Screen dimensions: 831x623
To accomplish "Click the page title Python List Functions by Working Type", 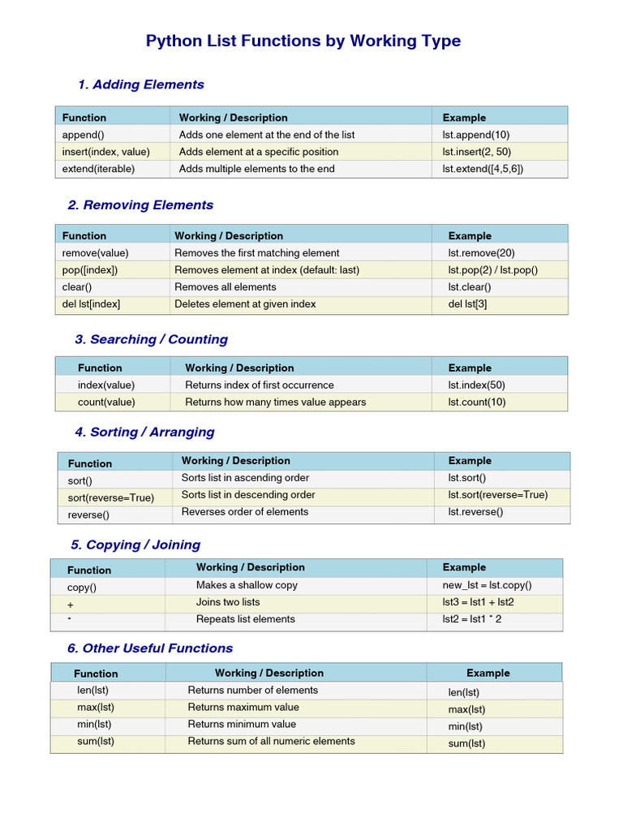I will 303,41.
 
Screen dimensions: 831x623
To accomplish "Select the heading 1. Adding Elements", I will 140,84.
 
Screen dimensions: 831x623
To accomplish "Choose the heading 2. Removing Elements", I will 140,205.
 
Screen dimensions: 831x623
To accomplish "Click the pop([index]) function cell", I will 90,269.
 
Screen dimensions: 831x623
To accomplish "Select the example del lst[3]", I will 467,304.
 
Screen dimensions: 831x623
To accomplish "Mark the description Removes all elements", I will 225,286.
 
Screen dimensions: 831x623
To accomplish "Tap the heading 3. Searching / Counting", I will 151,339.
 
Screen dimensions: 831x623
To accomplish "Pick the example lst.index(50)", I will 475,385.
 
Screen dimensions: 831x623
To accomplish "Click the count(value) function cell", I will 106,402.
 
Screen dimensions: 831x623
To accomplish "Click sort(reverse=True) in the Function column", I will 110,497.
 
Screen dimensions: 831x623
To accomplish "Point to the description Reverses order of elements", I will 244,511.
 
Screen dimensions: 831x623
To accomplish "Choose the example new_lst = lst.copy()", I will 487,585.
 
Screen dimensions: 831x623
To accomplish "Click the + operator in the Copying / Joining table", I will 71,605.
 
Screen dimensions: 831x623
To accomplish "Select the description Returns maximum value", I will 243,707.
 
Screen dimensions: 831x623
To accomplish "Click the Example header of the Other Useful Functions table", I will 488,673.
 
